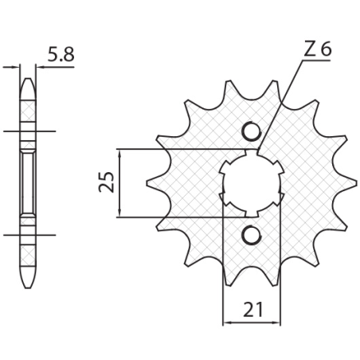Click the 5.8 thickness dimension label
point(61,54)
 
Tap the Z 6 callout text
point(318,49)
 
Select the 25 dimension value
point(106,182)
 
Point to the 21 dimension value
point(252,309)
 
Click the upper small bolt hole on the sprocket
point(251,131)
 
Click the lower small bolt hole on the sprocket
point(251,235)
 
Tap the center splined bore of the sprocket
point(252,183)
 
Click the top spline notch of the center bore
point(252,153)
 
